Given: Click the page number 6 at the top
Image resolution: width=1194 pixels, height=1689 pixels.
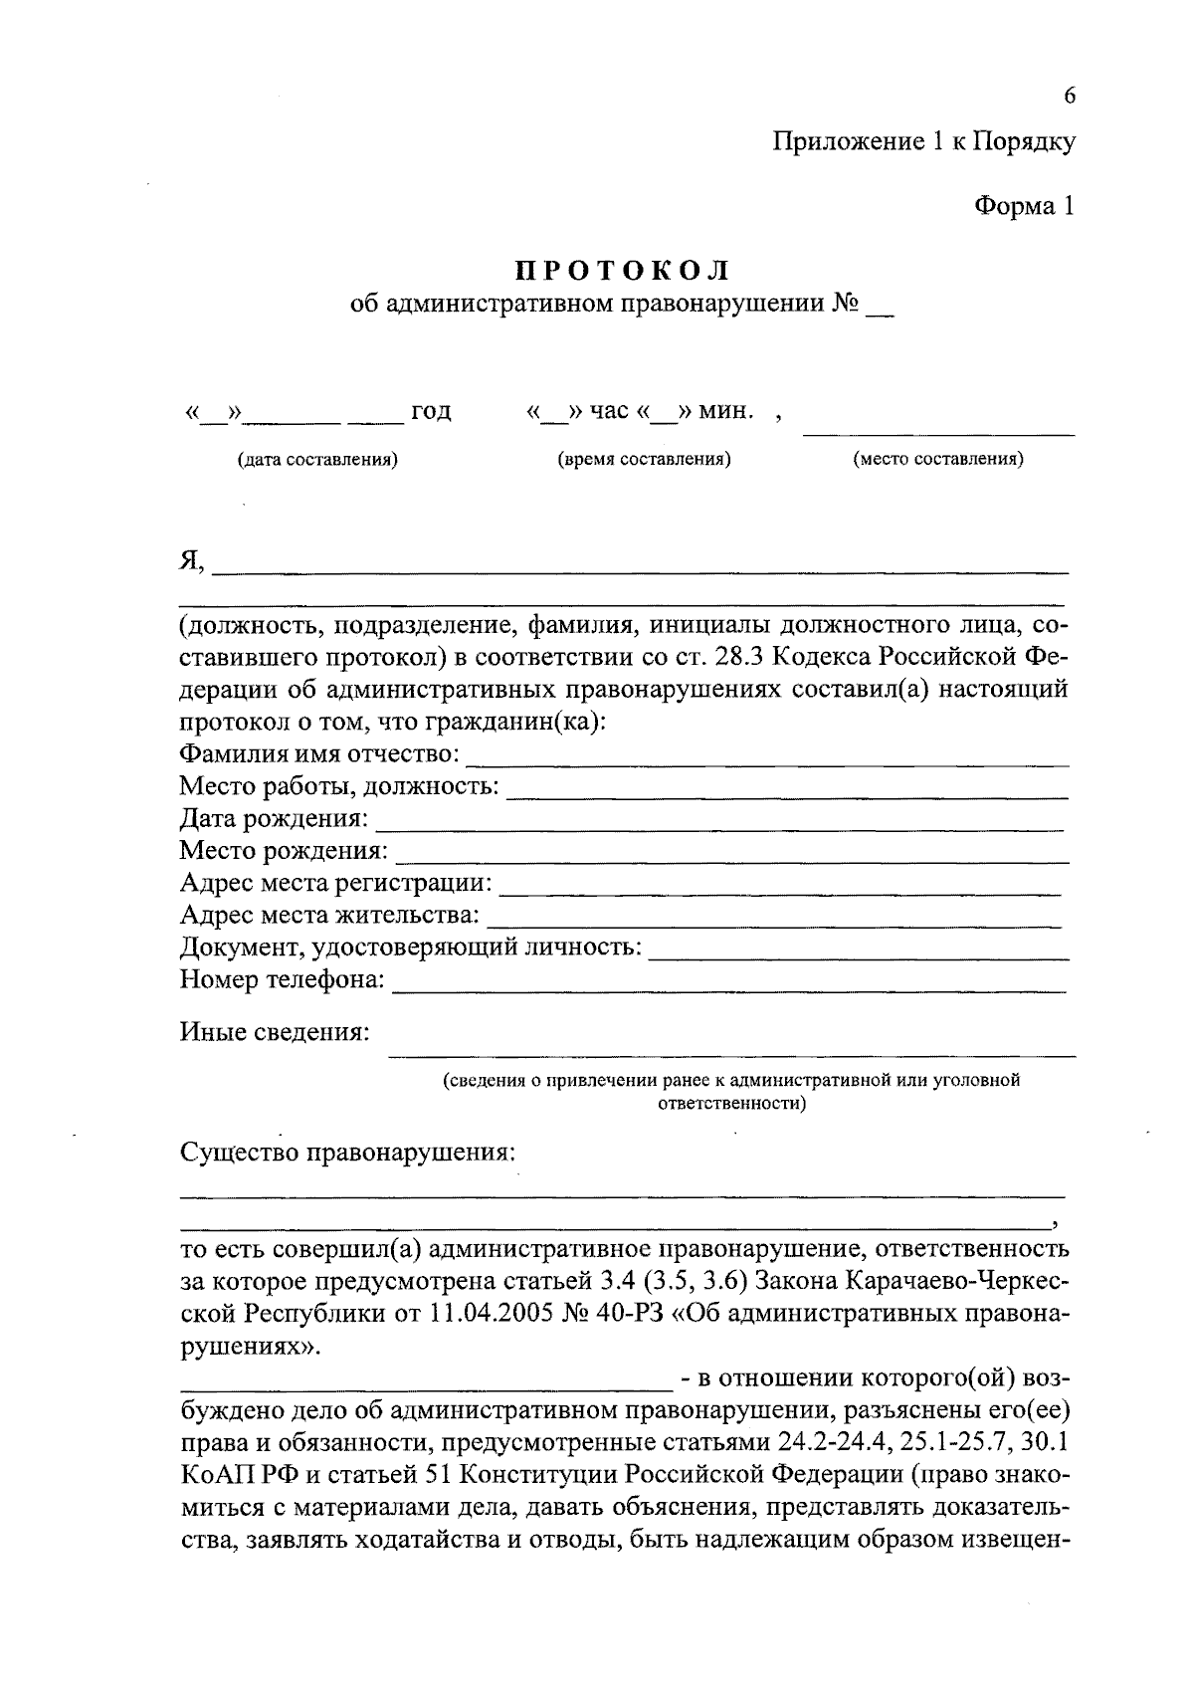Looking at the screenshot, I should click(1070, 96).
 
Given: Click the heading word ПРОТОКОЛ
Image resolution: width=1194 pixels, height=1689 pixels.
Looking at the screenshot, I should click(623, 271).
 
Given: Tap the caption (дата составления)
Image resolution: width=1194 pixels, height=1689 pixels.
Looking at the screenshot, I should click(317, 460).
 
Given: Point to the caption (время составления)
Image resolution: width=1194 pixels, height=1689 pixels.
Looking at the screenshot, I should click(644, 460).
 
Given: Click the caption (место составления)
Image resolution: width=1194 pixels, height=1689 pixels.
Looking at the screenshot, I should click(938, 460).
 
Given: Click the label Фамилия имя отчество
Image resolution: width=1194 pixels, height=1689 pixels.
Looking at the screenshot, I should click(319, 754).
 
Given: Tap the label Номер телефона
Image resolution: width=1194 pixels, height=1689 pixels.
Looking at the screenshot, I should click(283, 980).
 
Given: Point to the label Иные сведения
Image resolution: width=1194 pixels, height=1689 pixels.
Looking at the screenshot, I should click(275, 1032).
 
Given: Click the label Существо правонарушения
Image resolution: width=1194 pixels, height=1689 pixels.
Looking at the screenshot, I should click(348, 1153).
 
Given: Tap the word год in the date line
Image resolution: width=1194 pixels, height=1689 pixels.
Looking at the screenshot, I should click(430, 411).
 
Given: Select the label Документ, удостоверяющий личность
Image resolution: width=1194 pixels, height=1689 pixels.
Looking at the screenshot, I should click(410, 948).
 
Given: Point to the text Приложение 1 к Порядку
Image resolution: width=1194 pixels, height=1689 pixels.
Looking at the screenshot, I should click(924, 142).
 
